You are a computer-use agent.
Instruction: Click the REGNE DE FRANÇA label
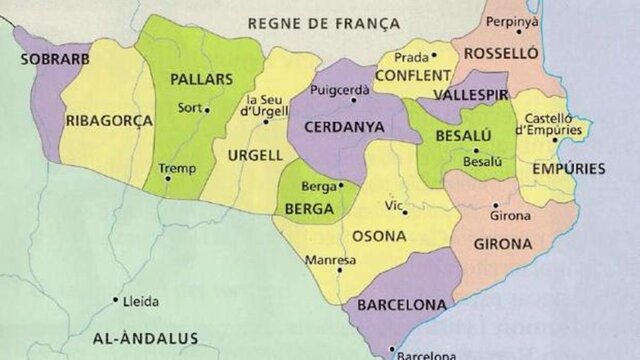323,22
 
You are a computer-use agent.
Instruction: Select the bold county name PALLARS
201,79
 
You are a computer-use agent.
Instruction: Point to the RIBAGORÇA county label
109,120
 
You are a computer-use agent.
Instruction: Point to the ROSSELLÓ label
501,52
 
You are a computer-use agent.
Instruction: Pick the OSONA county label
377,236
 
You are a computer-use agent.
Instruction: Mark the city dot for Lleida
116,299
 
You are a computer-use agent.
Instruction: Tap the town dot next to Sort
207,109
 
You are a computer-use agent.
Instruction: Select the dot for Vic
405,212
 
